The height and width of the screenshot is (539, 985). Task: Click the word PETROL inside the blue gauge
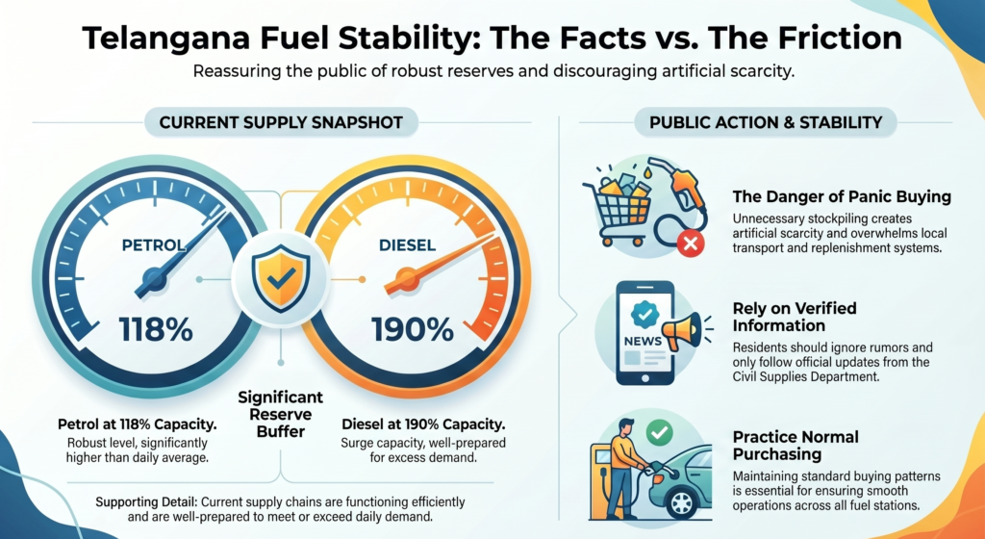[155, 245]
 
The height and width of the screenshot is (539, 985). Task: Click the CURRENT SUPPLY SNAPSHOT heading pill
[280, 122]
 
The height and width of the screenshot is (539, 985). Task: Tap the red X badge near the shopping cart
[690, 244]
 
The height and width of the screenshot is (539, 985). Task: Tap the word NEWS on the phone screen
[643, 341]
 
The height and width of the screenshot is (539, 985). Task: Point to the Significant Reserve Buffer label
[280, 415]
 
